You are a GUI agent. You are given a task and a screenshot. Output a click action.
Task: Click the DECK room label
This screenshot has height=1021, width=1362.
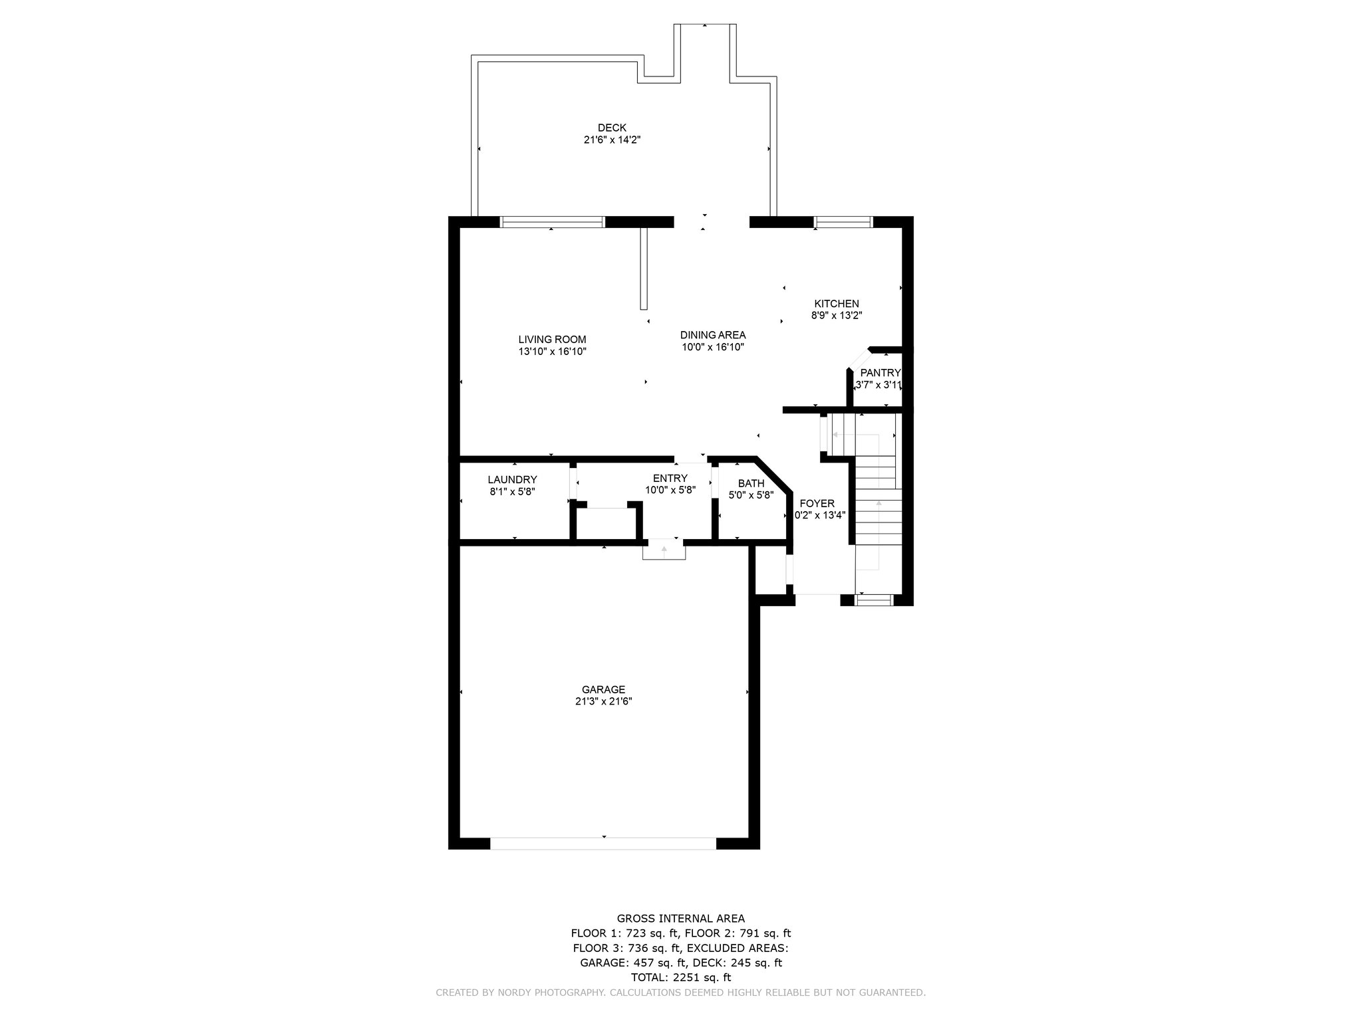coord(612,128)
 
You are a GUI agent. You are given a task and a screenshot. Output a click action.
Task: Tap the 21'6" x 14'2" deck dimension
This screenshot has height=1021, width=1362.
coord(612,140)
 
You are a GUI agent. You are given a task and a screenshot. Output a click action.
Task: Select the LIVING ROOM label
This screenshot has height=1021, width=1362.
coord(552,340)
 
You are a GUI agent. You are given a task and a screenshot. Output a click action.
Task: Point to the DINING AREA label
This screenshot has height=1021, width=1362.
coord(713,335)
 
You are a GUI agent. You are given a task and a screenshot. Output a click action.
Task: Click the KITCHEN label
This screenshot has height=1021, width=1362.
coord(837,304)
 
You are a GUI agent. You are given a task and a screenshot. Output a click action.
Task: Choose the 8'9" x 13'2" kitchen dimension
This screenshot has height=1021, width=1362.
coord(837,316)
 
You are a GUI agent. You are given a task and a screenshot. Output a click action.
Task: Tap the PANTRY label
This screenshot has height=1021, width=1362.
coord(881,373)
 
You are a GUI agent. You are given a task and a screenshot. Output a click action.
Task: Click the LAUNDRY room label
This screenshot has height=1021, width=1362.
coord(512,480)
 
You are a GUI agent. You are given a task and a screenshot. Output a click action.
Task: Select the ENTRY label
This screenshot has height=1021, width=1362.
coord(670,479)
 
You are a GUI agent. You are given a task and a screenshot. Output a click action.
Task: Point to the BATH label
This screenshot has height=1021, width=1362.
coord(751,483)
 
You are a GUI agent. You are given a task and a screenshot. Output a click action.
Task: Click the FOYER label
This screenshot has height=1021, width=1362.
coord(817,504)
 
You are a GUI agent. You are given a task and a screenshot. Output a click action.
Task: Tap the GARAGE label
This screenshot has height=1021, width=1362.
coord(603,689)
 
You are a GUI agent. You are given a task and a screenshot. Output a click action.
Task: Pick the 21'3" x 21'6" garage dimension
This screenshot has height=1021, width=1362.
coord(603,701)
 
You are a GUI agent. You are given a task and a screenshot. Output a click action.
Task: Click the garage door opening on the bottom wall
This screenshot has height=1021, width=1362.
coord(603,844)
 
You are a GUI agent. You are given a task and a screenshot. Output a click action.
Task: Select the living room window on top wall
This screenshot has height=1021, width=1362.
coord(552,222)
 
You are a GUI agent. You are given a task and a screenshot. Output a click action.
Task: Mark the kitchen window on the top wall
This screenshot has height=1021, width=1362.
coord(843,222)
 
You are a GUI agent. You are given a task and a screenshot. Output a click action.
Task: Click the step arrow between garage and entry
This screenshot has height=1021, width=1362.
coord(664,550)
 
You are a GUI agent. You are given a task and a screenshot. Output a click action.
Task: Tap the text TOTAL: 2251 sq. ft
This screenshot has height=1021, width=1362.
coord(680,978)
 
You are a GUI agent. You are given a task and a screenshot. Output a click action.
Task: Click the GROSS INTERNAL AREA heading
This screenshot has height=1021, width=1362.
coord(680,919)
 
